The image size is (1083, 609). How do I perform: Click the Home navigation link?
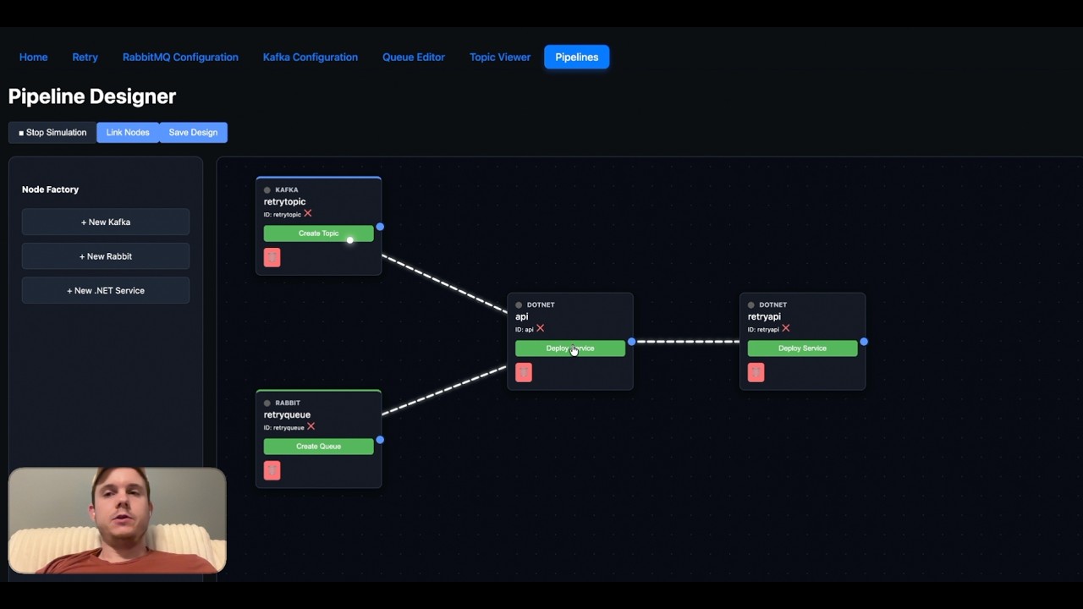click(x=34, y=58)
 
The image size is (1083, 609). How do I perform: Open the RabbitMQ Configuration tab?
click(x=180, y=58)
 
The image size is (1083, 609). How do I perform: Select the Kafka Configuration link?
click(x=311, y=58)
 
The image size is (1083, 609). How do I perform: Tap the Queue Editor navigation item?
click(x=414, y=58)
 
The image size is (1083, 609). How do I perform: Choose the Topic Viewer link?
click(x=500, y=58)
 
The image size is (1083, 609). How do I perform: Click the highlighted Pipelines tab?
click(x=576, y=58)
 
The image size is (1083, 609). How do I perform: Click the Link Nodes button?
click(x=128, y=132)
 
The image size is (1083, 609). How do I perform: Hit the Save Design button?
click(x=193, y=132)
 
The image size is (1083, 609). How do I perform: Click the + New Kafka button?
click(x=106, y=222)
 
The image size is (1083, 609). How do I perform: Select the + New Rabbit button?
click(x=106, y=256)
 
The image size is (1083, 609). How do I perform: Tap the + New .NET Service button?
click(x=106, y=290)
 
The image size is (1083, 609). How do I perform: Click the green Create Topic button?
click(x=318, y=233)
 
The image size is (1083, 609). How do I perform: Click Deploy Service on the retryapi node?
click(x=802, y=348)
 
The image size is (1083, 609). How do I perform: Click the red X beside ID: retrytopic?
click(x=308, y=213)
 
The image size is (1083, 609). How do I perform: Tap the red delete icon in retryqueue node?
click(x=272, y=470)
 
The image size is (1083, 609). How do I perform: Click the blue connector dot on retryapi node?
click(x=864, y=342)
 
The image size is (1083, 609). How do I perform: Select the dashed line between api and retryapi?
click(x=686, y=342)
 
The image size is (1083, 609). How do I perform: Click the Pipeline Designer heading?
click(x=92, y=96)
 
